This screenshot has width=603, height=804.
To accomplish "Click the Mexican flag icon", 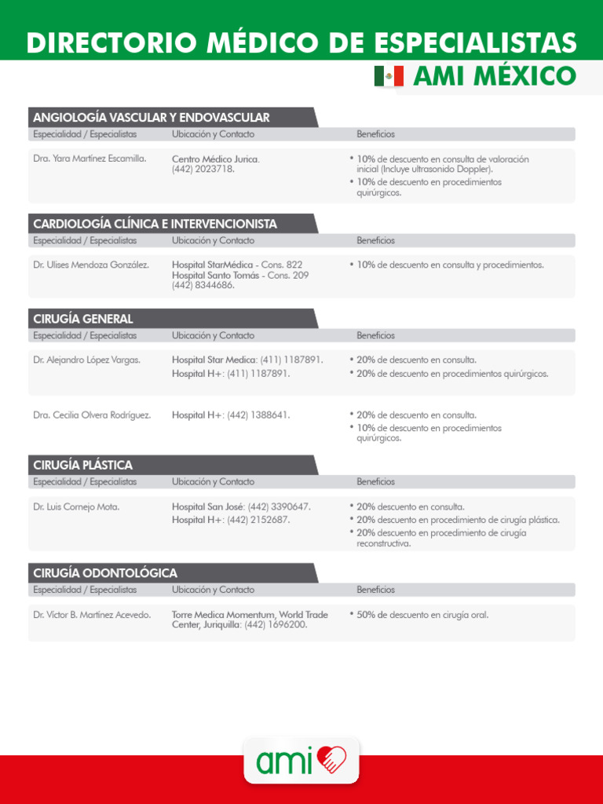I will (x=389, y=76).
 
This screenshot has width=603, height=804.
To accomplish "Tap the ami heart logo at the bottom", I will (x=301, y=759).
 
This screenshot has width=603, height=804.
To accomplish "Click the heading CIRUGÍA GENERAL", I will (x=83, y=319).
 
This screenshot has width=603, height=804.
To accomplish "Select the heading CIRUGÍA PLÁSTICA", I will (x=83, y=465).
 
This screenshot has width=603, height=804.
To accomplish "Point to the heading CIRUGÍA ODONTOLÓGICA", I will (x=105, y=573).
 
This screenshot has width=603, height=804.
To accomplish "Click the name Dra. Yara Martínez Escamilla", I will (x=90, y=159).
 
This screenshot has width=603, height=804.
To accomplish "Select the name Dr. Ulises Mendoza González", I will (x=91, y=265).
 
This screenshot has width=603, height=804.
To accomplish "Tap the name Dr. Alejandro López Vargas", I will (x=87, y=360).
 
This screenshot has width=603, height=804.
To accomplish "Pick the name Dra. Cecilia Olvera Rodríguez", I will (x=92, y=415).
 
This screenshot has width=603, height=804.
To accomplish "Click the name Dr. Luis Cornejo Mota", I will (x=76, y=506).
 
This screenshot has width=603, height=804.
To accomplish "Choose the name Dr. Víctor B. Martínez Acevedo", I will (x=92, y=615).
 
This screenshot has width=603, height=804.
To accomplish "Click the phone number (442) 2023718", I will (x=203, y=169).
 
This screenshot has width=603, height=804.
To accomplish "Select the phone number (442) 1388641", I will (x=258, y=415).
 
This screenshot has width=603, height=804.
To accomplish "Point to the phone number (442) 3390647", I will (x=279, y=506).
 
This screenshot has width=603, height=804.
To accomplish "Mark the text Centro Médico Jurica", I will (x=215, y=159).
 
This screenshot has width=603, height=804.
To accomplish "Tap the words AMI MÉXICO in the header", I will (x=494, y=77).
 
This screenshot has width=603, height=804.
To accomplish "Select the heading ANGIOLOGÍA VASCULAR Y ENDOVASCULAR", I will (x=152, y=118).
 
